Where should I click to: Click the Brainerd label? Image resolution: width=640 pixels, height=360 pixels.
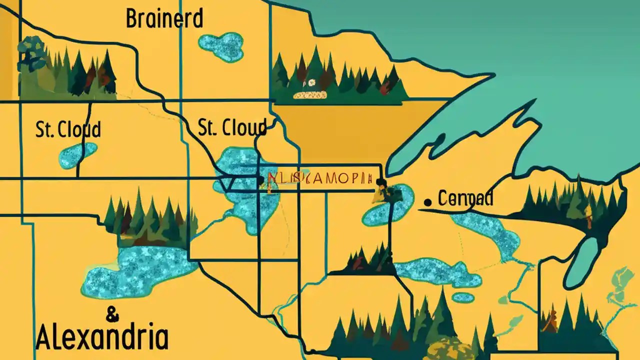164,19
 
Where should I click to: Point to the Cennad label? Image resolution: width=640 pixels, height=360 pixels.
465,198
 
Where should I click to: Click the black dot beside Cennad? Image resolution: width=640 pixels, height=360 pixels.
427,202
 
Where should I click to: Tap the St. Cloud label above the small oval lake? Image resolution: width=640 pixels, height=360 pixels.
68,129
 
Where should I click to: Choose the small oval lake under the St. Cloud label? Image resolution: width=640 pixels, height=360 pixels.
77,155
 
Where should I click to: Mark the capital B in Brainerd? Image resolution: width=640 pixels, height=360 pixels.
132,19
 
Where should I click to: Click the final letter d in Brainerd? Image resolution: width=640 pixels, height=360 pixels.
197,19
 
